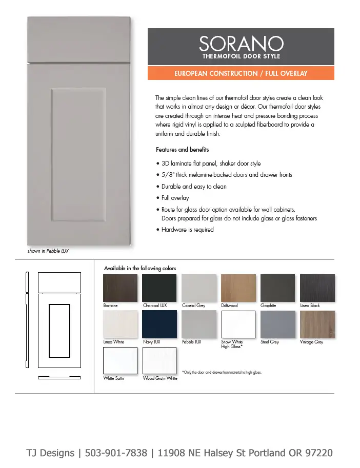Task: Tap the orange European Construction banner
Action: click(241, 73)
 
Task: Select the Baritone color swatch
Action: click(121, 288)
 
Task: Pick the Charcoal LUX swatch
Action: click(159, 288)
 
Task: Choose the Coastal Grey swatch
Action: click(199, 288)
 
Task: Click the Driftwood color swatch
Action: click(238, 288)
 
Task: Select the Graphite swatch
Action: click(277, 288)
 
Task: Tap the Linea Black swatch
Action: click(317, 288)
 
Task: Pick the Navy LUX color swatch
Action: click(159, 324)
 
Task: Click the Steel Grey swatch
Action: click(277, 324)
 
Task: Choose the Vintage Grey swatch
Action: click(317, 324)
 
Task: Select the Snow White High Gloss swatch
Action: click(238, 324)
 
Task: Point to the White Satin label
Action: click(113, 378)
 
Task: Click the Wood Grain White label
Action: click(160, 378)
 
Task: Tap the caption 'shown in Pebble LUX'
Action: click(48, 251)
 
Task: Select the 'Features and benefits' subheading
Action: click(182, 150)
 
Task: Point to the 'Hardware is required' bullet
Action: click(187, 230)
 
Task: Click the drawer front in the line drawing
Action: click(59, 281)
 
